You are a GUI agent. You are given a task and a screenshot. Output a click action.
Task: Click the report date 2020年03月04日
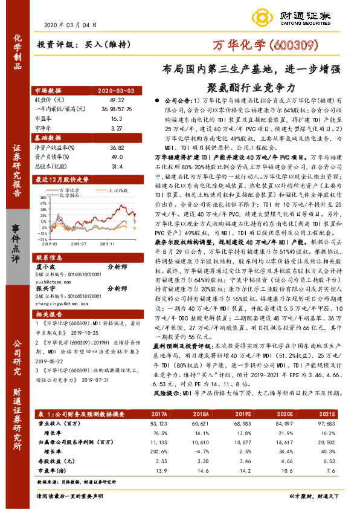pyautogui.click(x=71, y=25)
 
